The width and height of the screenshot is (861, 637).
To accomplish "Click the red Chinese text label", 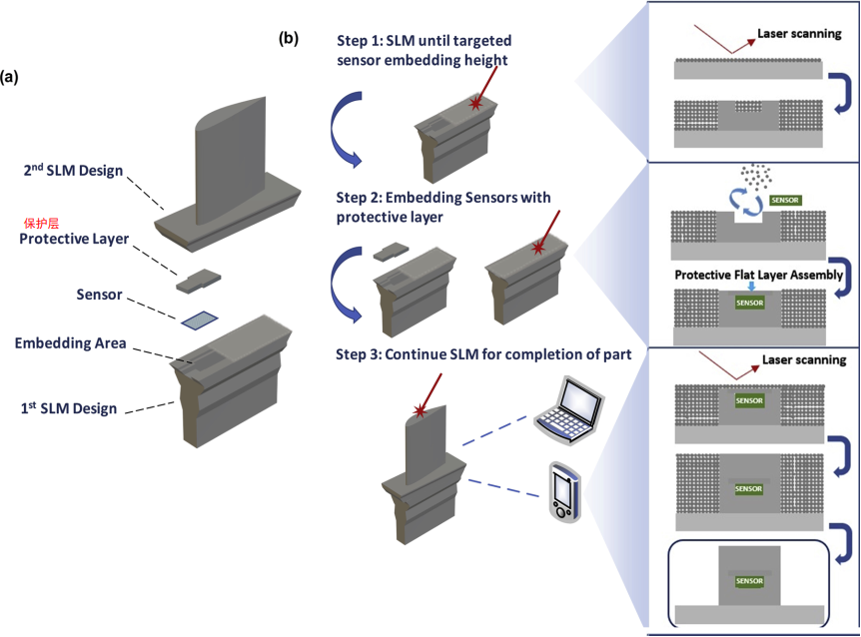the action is point(41,224).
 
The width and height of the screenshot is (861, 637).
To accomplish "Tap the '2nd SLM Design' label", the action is point(73,170).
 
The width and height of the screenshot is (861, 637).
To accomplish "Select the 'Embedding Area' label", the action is point(70,343).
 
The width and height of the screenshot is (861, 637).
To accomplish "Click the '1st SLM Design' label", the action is point(69,408).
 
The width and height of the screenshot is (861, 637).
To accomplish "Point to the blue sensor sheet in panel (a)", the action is point(200,320).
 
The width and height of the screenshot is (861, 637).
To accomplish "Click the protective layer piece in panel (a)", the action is point(198,281).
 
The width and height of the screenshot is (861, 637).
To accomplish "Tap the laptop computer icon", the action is point(569,409).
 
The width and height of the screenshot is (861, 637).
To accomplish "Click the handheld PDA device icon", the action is point(564,492).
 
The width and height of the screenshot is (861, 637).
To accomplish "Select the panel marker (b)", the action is point(289,38).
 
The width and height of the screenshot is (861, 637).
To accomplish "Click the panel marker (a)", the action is point(9,77).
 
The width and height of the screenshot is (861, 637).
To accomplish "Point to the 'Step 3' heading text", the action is point(483,354).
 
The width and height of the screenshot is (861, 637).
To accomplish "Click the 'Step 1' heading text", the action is point(424,50).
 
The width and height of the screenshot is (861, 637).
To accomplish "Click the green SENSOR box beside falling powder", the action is point(785,201).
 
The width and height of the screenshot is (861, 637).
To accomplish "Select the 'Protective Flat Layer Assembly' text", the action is point(759,275).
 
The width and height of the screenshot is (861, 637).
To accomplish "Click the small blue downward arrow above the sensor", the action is point(751,287).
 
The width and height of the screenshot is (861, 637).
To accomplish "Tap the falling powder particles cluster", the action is point(755,176).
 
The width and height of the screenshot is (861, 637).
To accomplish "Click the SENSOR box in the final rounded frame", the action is point(749,580).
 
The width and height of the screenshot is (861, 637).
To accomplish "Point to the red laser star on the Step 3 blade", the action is point(421,410).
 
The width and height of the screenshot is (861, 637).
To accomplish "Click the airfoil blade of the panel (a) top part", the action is point(231,160).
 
